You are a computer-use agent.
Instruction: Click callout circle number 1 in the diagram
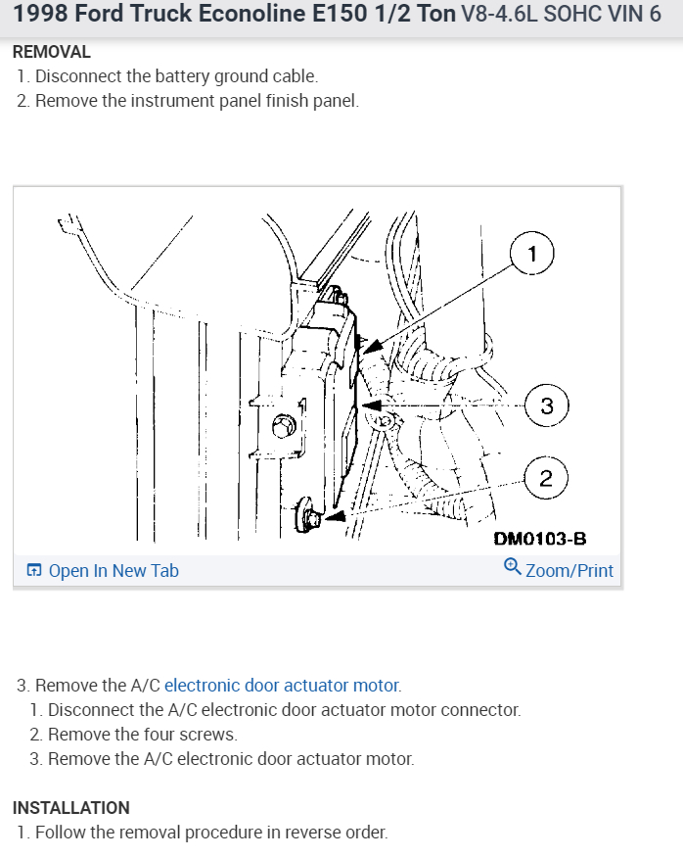click(x=531, y=254)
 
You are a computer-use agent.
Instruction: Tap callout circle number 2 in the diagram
click(x=545, y=479)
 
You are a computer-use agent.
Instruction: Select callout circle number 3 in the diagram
click(x=546, y=405)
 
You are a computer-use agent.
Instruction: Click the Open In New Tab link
click(x=113, y=570)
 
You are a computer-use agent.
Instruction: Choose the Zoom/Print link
click(x=569, y=570)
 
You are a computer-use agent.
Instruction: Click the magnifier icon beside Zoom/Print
click(x=512, y=568)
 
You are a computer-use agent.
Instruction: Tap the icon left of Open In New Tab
click(x=34, y=570)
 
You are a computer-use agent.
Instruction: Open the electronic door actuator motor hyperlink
click(x=282, y=686)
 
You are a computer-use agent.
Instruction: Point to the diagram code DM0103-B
click(x=540, y=538)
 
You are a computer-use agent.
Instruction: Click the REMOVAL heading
click(x=52, y=52)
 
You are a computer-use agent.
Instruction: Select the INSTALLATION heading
click(x=70, y=808)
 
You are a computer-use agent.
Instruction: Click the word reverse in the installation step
click(x=310, y=833)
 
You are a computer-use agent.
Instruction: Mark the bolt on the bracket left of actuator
click(x=285, y=426)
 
